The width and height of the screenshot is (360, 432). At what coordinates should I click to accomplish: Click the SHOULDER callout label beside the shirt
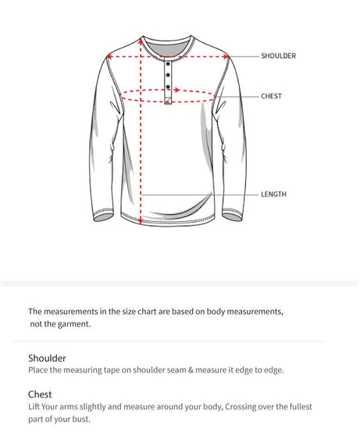278,56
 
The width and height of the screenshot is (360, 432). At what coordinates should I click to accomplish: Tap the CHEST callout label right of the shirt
271,96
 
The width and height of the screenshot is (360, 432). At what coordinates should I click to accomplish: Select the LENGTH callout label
273,194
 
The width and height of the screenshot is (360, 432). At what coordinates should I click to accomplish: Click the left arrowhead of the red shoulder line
109,56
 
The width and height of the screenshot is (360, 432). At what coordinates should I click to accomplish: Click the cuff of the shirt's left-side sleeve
102,216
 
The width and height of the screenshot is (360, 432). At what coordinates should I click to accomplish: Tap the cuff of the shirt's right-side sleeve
232,216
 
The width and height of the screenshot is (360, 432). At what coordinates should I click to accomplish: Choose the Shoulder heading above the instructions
47,358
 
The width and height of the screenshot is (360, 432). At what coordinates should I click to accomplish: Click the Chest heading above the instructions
40,395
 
